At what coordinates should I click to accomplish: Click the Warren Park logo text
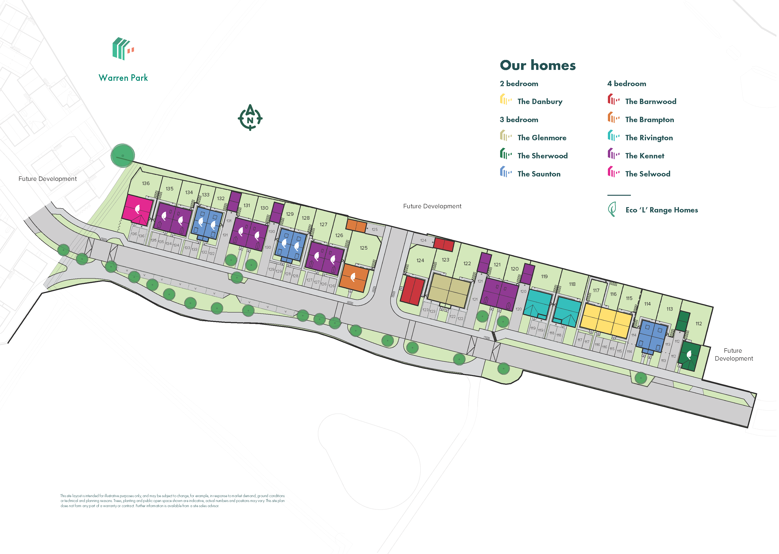[x=123, y=78]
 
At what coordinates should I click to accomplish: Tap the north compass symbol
[x=250, y=118]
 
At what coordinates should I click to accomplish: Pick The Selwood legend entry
[x=647, y=174]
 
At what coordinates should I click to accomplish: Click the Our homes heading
[x=538, y=65]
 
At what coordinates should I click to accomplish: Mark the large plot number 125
[x=364, y=248]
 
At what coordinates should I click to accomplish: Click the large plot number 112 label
[x=698, y=323]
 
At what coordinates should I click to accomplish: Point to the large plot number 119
[x=544, y=276]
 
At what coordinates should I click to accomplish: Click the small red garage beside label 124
[x=443, y=244]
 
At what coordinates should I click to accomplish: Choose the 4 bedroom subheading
[x=626, y=84]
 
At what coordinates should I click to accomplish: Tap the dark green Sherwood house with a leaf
[x=689, y=356]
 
